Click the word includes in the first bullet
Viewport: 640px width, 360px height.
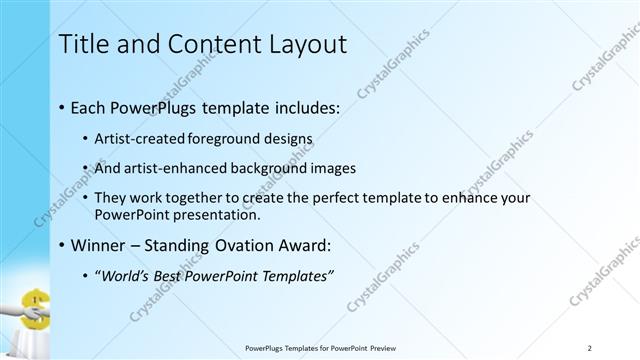pyautogui.click(x=305, y=105)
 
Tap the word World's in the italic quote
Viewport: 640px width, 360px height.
pyautogui.click(x=124, y=276)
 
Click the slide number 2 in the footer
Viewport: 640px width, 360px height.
pyautogui.click(x=590, y=348)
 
